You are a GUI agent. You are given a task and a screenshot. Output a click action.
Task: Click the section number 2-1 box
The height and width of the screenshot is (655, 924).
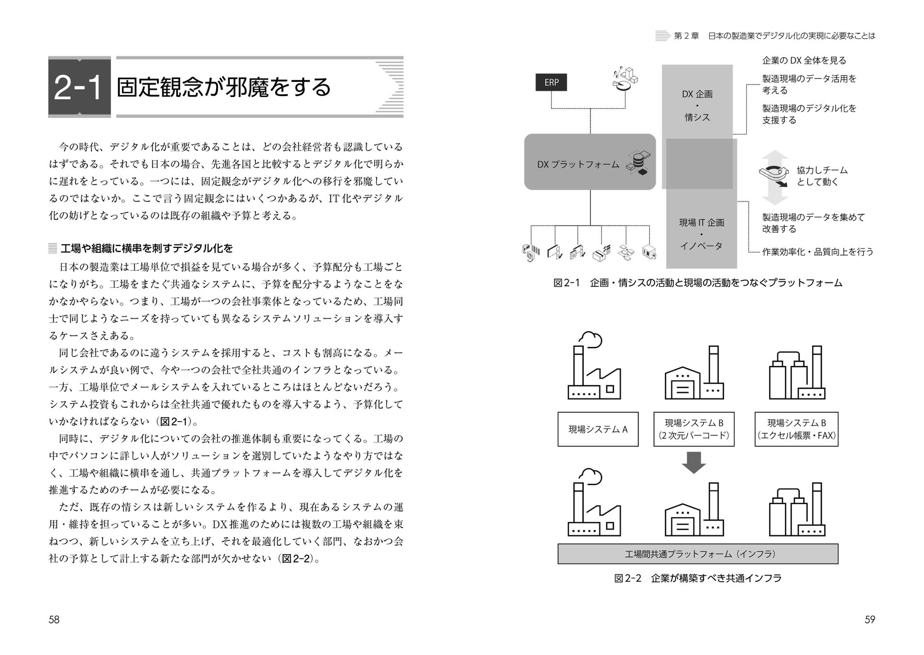pyautogui.click(x=79, y=87)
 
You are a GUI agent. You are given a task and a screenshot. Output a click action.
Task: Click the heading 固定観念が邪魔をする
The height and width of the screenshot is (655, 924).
pyautogui.click(x=224, y=87)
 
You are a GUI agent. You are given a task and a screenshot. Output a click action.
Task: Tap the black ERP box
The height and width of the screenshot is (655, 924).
pyautogui.click(x=551, y=82)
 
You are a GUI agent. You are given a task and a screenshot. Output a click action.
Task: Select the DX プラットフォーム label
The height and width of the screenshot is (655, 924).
pyautogui.click(x=578, y=164)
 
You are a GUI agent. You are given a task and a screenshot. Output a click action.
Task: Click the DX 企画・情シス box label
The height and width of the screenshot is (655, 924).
pyautogui.click(x=697, y=106)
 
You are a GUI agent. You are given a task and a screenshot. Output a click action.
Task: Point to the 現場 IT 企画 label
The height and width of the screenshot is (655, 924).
pyautogui.click(x=702, y=223)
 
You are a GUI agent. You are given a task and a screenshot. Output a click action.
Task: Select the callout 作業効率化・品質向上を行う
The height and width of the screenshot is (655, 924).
pyautogui.click(x=818, y=252)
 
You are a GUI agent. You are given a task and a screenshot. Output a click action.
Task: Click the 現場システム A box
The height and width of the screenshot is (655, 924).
pyautogui.click(x=598, y=429)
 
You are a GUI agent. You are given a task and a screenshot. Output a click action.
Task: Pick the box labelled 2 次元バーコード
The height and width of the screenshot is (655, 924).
pyautogui.click(x=694, y=429)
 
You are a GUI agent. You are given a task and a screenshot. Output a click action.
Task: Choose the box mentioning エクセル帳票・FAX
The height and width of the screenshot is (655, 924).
pyautogui.click(x=796, y=429)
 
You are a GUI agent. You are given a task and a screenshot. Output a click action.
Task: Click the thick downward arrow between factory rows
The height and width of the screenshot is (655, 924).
pyautogui.click(x=694, y=462)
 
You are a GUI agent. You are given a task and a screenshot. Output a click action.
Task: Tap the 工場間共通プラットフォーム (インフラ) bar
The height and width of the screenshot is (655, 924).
pyautogui.click(x=698, y=554)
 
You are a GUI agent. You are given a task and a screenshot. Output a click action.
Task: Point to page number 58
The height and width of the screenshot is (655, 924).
pyautogui.click(x=54, y=620)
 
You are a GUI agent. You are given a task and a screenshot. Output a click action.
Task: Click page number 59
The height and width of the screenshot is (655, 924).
pyautogui.click(x=870, y=620)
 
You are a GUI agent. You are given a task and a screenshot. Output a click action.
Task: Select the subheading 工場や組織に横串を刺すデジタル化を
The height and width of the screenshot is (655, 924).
pyautogui.click(x=147, y=249)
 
